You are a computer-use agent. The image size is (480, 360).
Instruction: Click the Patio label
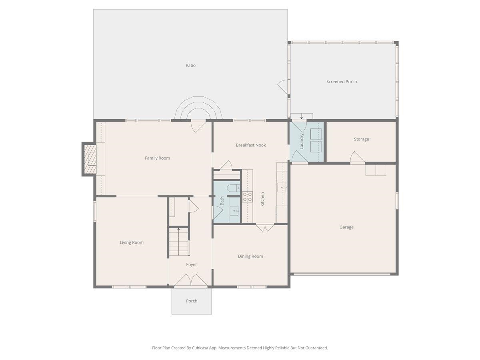coord(190,66)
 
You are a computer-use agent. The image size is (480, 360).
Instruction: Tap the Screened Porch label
coord(342,82)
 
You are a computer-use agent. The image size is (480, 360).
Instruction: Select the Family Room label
coord(157,158)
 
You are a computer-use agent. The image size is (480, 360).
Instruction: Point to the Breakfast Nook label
coord(251,145)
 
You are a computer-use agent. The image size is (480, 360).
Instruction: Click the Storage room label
coord(361,139)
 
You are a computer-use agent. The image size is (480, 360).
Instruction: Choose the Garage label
coord(346,227)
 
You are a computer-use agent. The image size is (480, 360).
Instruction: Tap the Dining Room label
coord(250,256)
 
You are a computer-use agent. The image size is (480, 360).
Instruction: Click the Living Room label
coord(132,242)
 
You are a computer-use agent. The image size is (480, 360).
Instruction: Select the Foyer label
coord(192,264)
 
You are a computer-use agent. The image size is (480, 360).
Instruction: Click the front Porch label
coord(192,301)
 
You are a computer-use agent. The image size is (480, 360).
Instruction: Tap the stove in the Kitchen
coord(247,197)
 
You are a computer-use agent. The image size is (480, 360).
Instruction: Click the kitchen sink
coord(282,187)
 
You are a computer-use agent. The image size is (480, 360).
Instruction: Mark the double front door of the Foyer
coord(191,281)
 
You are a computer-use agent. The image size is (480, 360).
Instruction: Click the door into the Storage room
coord(357,158)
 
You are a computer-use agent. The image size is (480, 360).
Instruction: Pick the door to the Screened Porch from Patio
coord(283,86)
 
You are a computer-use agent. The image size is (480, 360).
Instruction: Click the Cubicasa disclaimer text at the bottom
coord(240,348)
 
